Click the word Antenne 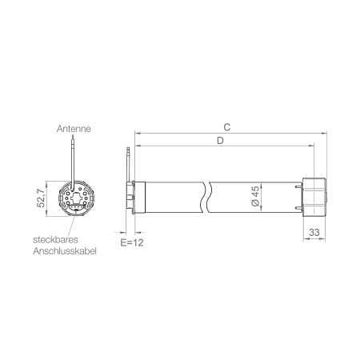[x=74, y=129]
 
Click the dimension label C [x=227, y=127]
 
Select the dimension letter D [x=220, y=141]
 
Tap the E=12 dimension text [x=132, y=242]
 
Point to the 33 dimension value [x=314, y=232]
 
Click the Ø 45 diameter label [x=255, y=196]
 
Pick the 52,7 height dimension [x=41, y=198]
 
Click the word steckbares [x=55, y=240]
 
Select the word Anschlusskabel [x=65, y=251]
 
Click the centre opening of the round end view [x=76, y=198]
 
